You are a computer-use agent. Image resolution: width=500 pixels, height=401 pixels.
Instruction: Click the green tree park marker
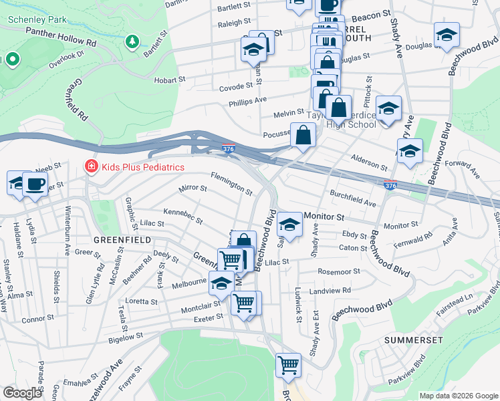point(132,42)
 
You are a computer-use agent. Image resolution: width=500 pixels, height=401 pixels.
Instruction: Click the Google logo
point(22,393)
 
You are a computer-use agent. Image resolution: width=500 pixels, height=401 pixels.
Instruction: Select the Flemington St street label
point(231,184)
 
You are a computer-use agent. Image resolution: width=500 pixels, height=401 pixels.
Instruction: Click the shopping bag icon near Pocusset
point(303,134)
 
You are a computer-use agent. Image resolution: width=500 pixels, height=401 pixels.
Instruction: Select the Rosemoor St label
point(339,272)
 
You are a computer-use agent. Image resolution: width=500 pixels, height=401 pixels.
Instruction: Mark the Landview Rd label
point(330,291)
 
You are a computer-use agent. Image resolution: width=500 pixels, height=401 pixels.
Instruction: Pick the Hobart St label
point(169,79)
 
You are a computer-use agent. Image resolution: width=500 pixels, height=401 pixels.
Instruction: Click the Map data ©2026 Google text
point(459,396)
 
